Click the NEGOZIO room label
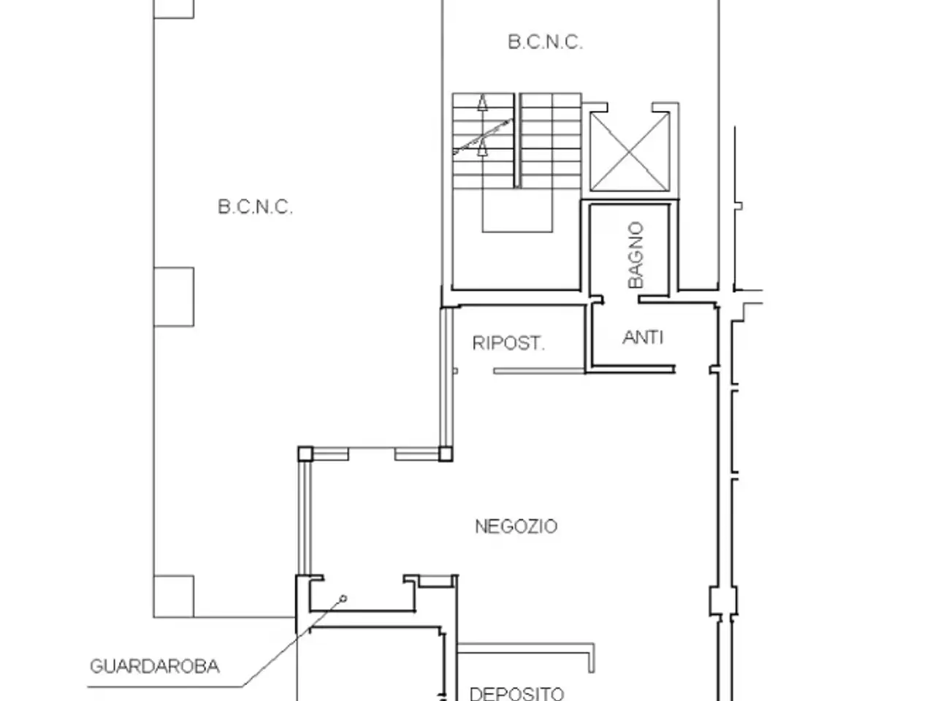point(516,526)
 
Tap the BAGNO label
point(636,255)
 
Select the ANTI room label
point(643,338)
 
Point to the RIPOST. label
point(508,343)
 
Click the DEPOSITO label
point(516,694)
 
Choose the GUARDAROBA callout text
point(155,667)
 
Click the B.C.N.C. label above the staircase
point(545,42)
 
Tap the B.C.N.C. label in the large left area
point(255,207)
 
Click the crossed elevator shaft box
point(630,152)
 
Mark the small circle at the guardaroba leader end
point(343,599)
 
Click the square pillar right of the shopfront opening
point(445,454)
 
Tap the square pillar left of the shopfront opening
point(305,454)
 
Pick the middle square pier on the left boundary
point(174,297)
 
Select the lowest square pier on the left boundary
point(174,596)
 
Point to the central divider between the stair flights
point(516,140)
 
